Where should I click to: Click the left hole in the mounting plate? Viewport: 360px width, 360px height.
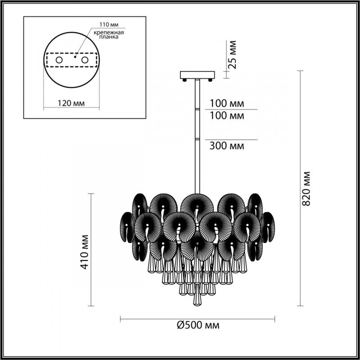point(59,60)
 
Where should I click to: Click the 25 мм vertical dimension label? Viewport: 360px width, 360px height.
point(232,54)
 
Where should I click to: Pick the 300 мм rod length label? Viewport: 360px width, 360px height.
point(227,146)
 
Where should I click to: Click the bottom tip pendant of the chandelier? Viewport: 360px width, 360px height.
point(197,299)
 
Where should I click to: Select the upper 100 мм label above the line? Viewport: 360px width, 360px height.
point(227,103)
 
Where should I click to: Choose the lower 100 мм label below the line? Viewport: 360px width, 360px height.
point(227,116)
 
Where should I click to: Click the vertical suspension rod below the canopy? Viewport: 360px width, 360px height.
point(197,135)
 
